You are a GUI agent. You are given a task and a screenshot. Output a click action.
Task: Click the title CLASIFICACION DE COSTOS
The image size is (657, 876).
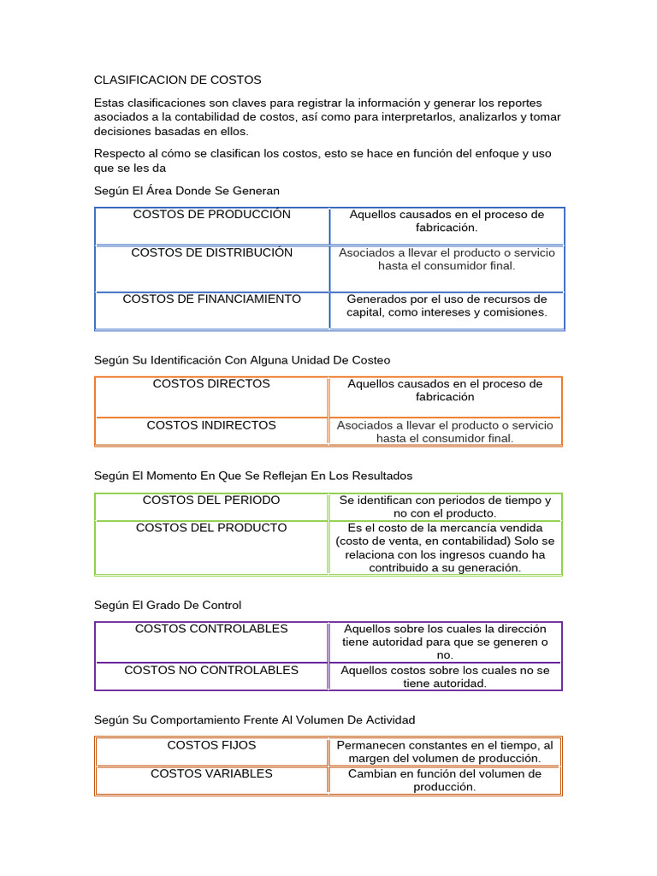[x=177, y=80]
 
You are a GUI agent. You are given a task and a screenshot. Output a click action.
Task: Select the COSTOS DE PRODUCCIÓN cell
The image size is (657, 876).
[x=211, y=215]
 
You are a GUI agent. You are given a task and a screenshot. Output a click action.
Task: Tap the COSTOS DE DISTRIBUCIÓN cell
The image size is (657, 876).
[x=211, y=253]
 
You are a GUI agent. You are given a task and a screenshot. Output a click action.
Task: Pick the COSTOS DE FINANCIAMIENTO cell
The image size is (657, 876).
[x=211, y=299]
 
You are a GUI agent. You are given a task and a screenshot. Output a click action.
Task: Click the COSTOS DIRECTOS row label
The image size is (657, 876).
[x=211, y=384]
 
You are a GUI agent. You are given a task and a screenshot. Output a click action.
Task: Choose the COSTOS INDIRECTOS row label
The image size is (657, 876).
[x=211, y=425]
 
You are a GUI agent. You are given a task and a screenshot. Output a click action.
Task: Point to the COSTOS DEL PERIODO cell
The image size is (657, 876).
[x=211, y=500]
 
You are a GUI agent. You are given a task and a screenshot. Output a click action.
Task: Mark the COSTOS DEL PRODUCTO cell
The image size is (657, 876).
[x=211, y=528]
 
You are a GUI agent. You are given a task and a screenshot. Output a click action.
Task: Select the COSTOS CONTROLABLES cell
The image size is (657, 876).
[x=211, y=630]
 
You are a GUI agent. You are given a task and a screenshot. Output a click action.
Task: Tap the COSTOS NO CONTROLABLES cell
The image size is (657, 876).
[x=211, y=671]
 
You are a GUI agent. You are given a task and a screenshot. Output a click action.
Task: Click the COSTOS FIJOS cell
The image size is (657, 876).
[x=211, y=746]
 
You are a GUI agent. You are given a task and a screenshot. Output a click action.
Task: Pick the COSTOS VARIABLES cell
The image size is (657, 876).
[x=211, y=773]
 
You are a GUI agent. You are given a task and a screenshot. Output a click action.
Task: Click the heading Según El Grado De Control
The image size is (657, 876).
[x=168, y=606]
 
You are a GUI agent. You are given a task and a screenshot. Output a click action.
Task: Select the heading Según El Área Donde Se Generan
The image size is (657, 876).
[x=186, y=190]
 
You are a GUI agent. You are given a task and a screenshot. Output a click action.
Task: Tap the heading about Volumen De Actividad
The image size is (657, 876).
[x=254, y=720]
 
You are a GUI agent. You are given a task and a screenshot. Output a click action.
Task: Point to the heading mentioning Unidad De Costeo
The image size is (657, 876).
[x=241, y=360]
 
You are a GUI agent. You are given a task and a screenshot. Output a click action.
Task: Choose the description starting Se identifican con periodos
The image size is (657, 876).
[x=445, y=506]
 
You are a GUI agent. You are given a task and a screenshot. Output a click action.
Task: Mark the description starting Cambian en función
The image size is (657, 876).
[x=445, y=780]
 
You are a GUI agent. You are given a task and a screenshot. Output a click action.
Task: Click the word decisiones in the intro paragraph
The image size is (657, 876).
[x=122, y=131]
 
